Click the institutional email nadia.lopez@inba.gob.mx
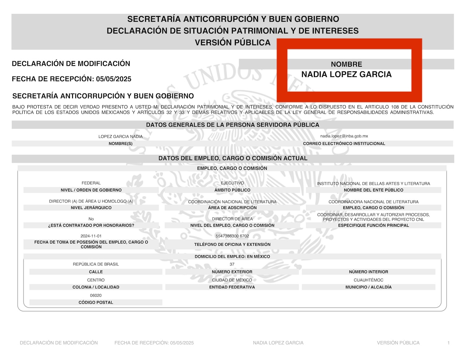(x=344, y=136)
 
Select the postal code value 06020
(x=96, y=296)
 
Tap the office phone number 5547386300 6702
(x=232, y=236)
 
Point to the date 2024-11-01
(x=91, y=236)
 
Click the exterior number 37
(x=232, y=264)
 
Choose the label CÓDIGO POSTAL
(x=96, y=302)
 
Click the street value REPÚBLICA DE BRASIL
(x=96, y=264)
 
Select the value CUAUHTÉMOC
(x=368, y=280)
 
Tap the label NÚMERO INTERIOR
(x=368, y=272)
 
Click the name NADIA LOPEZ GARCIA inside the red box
(x=346, y=75)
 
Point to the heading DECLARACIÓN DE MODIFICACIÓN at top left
(x=71, y=64)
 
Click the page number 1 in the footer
(x=449, y=343)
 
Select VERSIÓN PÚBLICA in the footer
(x=398, y=343)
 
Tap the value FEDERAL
(x=91, y=183)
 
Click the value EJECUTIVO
(x=232, y=183)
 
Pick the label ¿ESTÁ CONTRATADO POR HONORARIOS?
(x=91, y=226)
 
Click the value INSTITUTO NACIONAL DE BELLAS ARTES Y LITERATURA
(x=373, y=183)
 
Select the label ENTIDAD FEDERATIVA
(x=232, y=287)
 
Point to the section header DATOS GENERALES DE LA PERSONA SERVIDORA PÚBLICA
(x=233, y=125)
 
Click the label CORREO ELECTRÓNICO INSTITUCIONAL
(x=344, y=144)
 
